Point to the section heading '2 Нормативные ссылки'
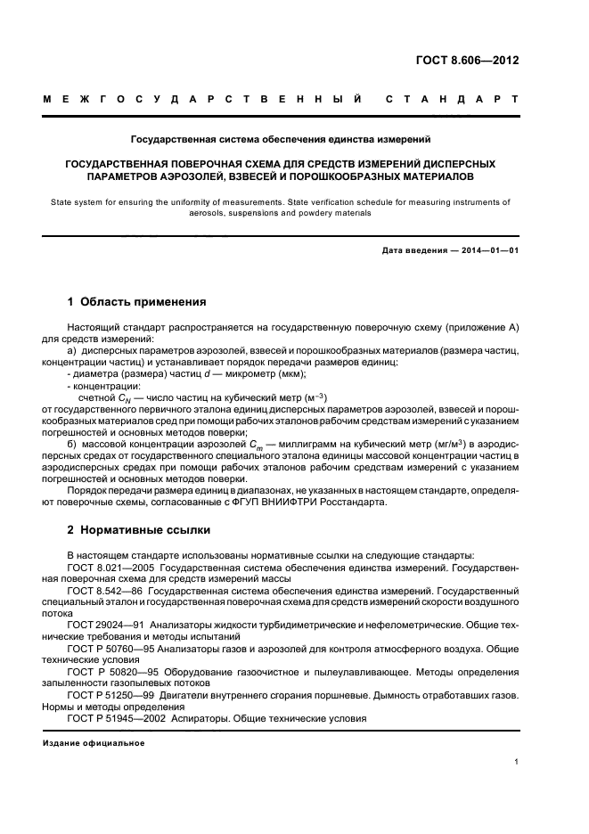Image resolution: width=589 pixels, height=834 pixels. [139, 530]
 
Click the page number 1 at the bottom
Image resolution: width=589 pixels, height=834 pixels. [517, 762]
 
